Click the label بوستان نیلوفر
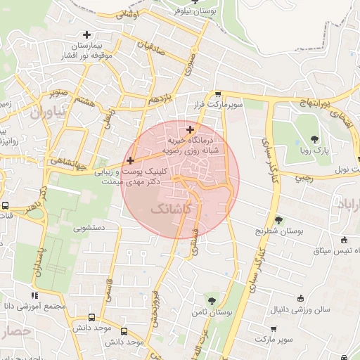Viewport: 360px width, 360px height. tap(199, 12)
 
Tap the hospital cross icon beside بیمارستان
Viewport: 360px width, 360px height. tap(86, 34)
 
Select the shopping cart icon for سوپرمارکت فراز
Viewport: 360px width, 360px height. tap(218, 94)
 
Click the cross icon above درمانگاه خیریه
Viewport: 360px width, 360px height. tap(190, 129)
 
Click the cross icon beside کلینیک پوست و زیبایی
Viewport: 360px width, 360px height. tap(130, 161)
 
